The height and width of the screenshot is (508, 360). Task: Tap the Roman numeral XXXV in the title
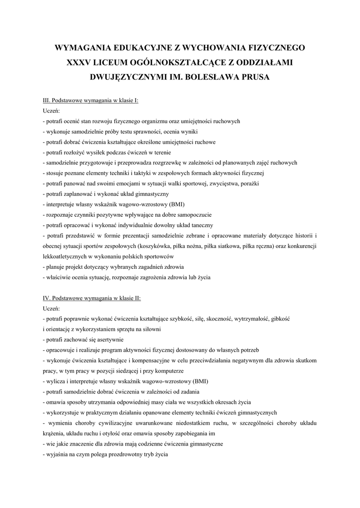tap(82, 63)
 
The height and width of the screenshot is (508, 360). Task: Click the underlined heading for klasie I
tap(91, 100)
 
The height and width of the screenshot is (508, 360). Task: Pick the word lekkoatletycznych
tap(64, 256)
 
